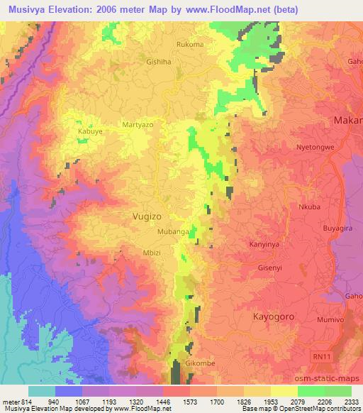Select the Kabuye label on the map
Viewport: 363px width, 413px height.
point(90,131)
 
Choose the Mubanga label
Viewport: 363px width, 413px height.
point(173,232)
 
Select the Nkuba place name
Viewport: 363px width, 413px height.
point(310,208)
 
